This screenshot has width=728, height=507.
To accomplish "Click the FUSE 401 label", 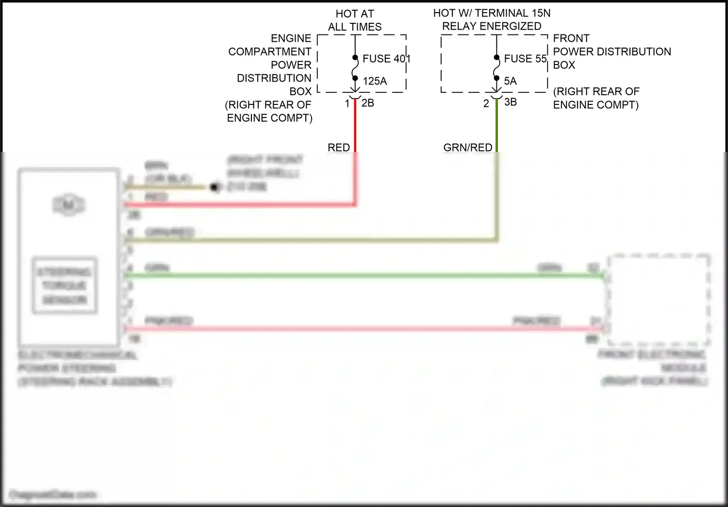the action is tap(386, 59).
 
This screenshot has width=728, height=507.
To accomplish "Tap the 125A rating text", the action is tap(375, 81).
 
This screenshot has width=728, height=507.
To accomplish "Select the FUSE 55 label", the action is tap(525, 59).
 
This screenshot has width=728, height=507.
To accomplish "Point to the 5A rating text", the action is tap(510, 81).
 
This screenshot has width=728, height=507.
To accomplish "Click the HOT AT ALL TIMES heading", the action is tap(355, 20).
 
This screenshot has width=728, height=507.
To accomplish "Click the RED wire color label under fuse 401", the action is tap(338, 147).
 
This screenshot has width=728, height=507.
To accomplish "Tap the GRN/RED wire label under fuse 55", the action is tap(467, 147).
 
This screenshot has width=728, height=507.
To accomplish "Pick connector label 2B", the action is tap(367, 103).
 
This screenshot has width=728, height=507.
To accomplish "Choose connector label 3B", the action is tap(510, 102).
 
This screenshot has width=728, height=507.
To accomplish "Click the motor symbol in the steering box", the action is tap(68, 205).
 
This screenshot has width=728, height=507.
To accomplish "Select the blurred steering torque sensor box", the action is tap(65, 285).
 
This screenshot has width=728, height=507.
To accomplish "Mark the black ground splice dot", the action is tap(214, 187).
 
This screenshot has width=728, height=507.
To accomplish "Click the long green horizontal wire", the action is tap(340, 276).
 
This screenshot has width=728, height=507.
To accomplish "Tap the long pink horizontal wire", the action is tap(340, 329).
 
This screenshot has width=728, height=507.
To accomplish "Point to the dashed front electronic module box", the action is tap(658, 299).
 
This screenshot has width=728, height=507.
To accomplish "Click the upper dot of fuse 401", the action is tap(355, 58).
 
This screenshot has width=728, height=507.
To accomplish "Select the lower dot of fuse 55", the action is tap(496, 78).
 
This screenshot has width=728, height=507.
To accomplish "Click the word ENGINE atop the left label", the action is tap(291, 38).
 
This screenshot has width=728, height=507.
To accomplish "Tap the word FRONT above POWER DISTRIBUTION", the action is tap(571, 38).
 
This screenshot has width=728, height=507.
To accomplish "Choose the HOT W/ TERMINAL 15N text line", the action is tap(492, 13).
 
